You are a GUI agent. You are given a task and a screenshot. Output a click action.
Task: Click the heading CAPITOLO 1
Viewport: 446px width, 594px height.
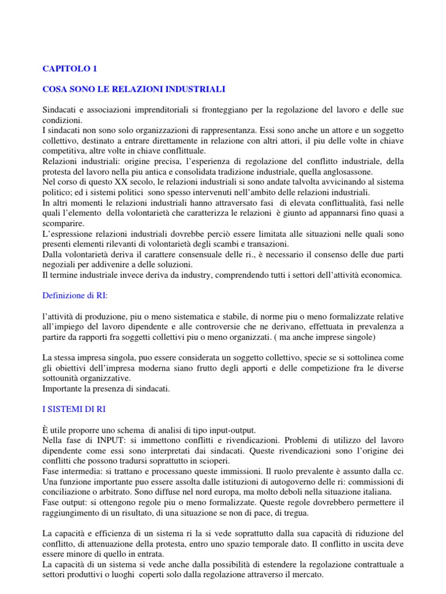click(70, 68)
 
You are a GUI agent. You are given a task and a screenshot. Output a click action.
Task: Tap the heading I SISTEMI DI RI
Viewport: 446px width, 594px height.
click(74, 409)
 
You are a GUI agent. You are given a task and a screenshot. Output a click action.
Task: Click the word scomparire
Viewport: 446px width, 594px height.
click(63, 224)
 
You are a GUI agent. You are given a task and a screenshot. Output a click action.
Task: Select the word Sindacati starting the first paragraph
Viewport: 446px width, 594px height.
click(63, 110)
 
